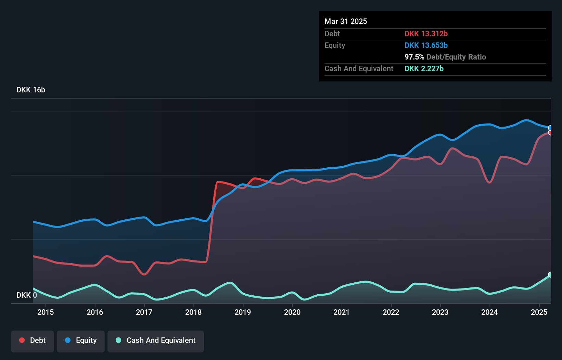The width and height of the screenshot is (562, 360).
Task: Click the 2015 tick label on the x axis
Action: pyautogui.click(x=46, y=312)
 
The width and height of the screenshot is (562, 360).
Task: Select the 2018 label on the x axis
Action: pyautogui.click(x=193, y=312)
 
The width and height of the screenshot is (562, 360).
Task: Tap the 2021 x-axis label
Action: pyautogui.click(x=341, y=312)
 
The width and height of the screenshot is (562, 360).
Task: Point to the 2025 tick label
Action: pyautogui.click(x=539, y=312)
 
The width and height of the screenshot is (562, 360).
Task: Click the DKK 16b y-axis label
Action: pyautogui.click(x=31, y=90)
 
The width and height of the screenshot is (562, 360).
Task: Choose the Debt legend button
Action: pyautogui.click(x=33, y=340)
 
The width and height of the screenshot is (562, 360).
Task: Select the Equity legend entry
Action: pyautogui.click(x=81, y=340)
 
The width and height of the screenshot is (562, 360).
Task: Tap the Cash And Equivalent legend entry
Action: pyautogui.click(x=156, y=340)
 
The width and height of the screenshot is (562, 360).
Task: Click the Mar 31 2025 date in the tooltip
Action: pyautogui.click(x=346, y=21)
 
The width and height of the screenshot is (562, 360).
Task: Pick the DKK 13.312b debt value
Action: pyautogui.click(x=426, y=34)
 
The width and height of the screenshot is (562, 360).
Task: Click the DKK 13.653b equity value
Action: pyautogui.click(x=426, y=45)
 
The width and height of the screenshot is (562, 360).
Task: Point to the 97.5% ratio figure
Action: pyautogui.click(x=414, y=57)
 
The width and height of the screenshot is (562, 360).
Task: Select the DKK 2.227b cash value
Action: pyautogui.click(x=424, y=68)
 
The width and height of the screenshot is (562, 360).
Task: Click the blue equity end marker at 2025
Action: pyautogui.click(x=550, y=128)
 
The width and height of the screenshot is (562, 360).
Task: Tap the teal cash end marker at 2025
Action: pyautogui.click(x=550, y=274)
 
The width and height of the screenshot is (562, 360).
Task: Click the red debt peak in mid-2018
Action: pyautogui.click(x=218, y=182)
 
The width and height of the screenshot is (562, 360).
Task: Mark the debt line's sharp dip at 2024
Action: pyautogui.click(x=489, y=182)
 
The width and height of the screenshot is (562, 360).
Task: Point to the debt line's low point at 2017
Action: pyautogui.click(x=144, y=274)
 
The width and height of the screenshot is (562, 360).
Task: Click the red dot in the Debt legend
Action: pyautogui.click(x=22, y=340)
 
